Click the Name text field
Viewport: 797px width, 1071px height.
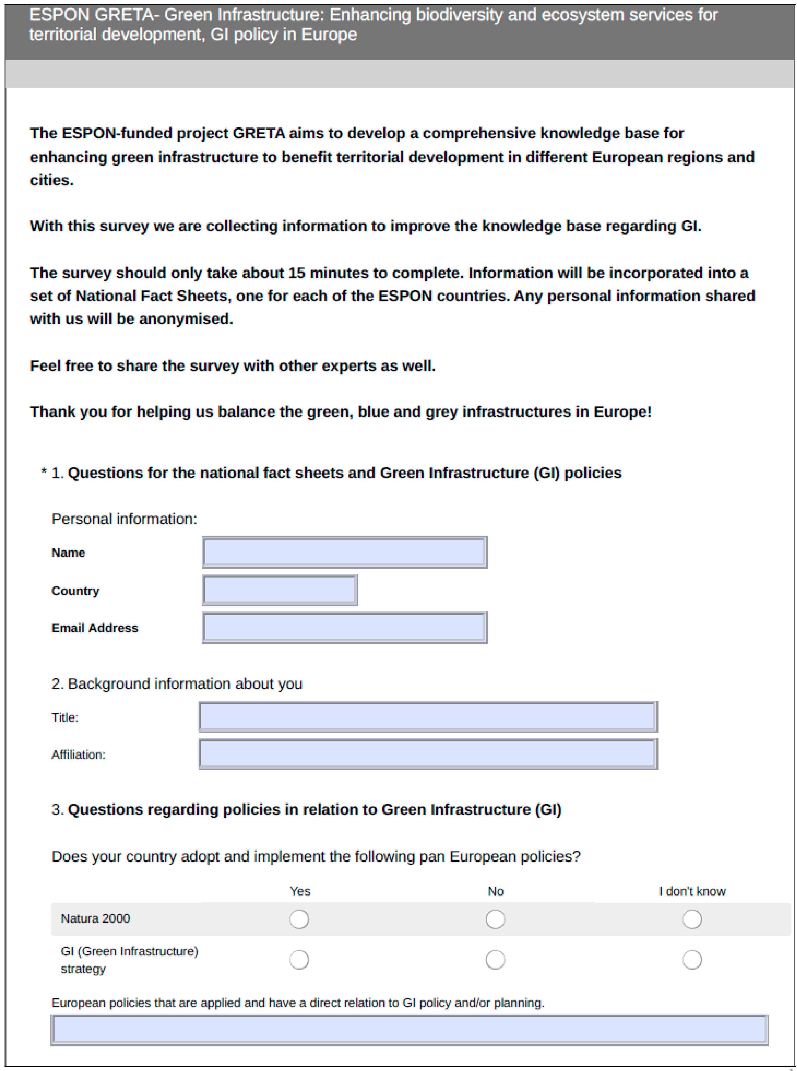[x=345, y=552]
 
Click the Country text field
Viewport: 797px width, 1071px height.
[x=280, y=590]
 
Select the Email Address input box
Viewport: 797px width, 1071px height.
[x=345, y=627]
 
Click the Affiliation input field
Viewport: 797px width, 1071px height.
[x=427, y=754]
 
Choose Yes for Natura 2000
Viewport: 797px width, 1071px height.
[x=299, y=919]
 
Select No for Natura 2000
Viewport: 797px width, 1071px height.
[x=496, y=919]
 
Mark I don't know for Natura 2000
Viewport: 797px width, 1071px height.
[x=692, y=919]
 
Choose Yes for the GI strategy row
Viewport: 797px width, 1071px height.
[x=299, y=960]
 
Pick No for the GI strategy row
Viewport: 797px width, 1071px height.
[x=496, y=960]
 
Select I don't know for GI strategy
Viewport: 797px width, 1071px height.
[x=692, y=960]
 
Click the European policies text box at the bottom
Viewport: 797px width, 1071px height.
[x=409, y=1030]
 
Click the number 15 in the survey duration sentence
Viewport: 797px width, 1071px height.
[x=297, y=273]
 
